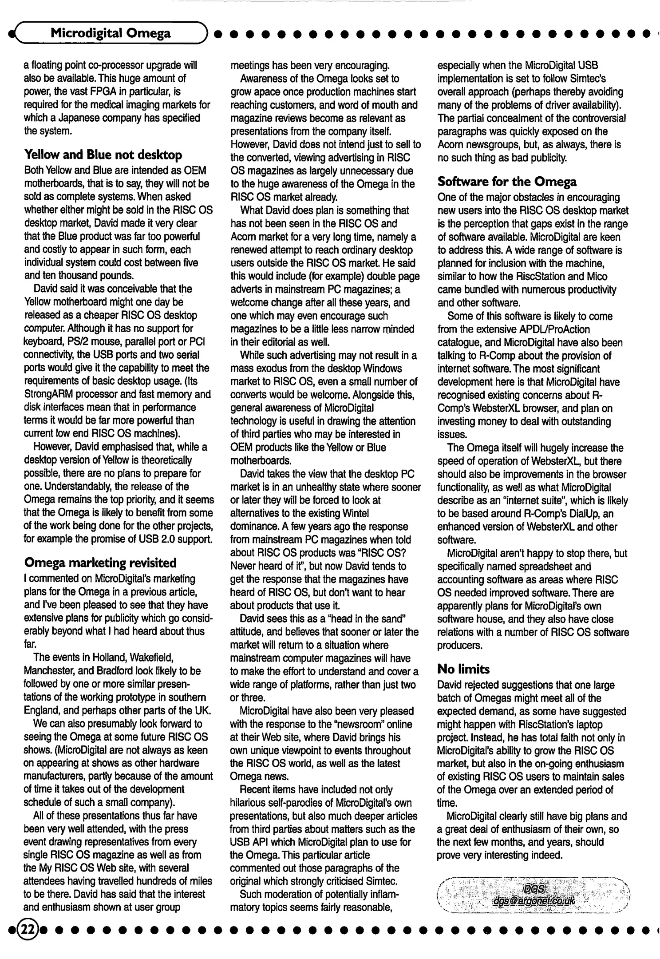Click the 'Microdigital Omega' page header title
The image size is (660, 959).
pos(111,33)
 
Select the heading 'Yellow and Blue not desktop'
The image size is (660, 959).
pos(103,155)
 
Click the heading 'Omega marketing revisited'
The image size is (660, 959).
pos(100,563)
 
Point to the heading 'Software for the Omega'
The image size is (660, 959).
pos(507,182)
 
